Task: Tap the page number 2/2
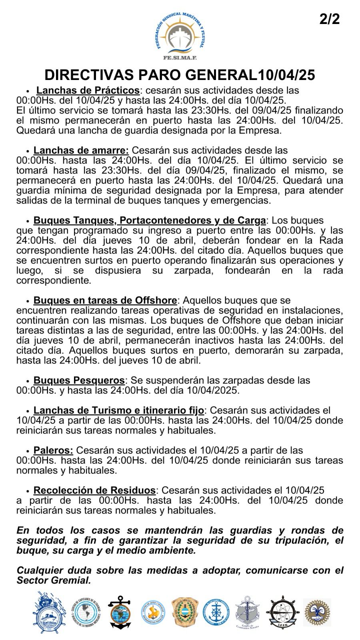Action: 330,19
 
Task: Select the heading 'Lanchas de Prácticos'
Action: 88,90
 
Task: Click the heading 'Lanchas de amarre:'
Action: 81,150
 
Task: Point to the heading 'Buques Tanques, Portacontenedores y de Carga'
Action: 150,220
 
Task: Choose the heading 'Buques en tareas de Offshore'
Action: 105,300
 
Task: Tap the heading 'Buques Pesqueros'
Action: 79,380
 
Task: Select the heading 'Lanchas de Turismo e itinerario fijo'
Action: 119,410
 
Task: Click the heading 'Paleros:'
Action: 53,450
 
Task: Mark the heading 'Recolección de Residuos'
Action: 94,490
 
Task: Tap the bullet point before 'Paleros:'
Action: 28,451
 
